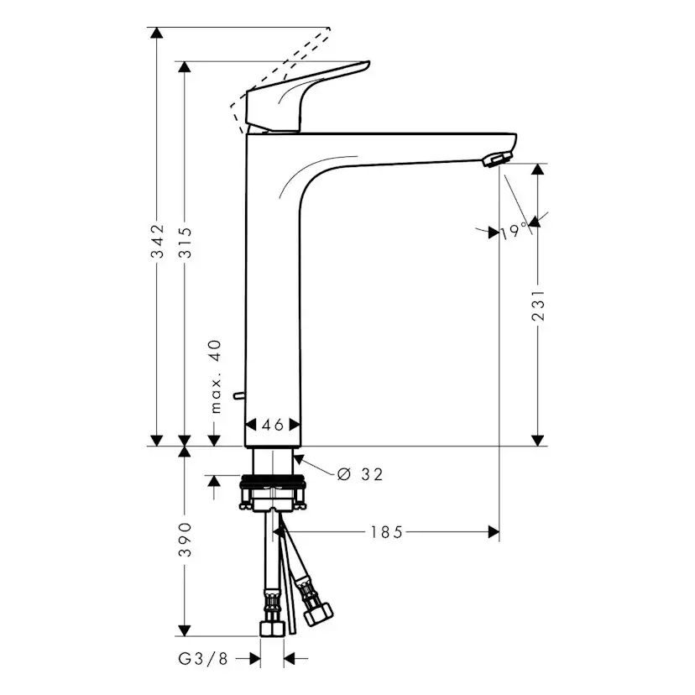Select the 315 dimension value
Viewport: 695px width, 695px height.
pyautogui.click(x=186, y=243)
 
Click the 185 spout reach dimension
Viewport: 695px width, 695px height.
pyautogui.click(x=387, y=531)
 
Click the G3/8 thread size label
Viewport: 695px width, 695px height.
pyautogui.click(x=204, y=660)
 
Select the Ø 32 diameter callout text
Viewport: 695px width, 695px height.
pyautogui.click(x=360, y=475)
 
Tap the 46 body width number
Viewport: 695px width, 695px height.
pyautogui.click(x=272, y=426)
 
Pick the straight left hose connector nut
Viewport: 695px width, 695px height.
pyautogui.click(x=271, y=629)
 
